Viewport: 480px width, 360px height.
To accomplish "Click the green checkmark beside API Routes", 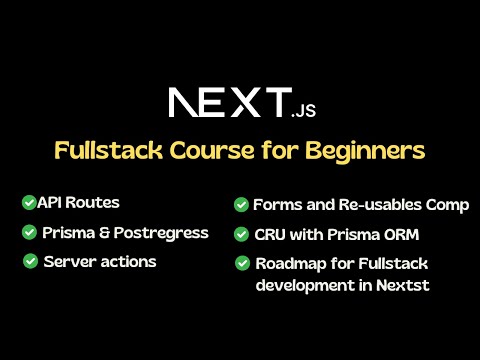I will click(28, 202).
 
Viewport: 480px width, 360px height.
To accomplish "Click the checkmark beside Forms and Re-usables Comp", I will click(241, 204).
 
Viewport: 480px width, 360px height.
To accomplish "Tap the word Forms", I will click(276, 204).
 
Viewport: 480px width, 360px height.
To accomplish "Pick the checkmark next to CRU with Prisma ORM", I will click(241, 235).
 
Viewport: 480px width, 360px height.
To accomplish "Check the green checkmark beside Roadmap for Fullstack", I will click(242, 264).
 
